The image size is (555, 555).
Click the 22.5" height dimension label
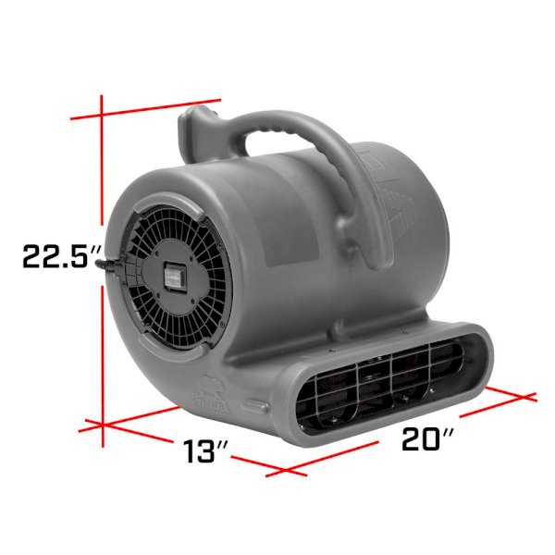60,255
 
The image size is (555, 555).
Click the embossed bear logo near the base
213,394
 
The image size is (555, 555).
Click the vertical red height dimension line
103,271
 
